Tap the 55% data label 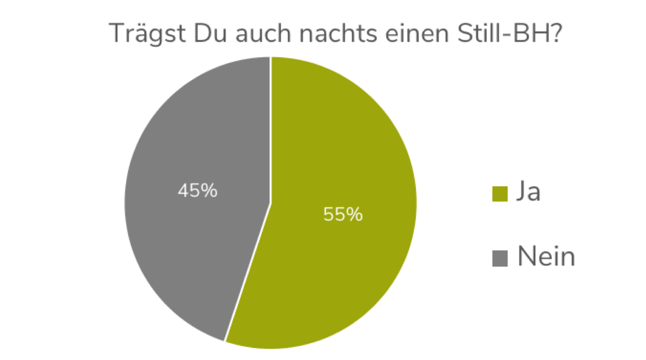pos(343,215)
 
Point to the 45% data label pos(197,190)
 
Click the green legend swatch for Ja pos(500,194)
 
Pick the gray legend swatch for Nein pos(500,258)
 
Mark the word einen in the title pos(415,34)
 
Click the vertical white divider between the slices pos(271,128)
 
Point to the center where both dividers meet pos(271,202)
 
